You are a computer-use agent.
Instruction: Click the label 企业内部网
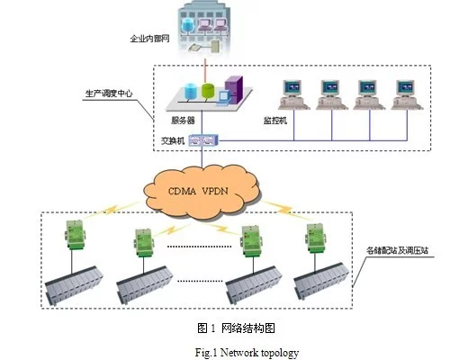click(149, 39)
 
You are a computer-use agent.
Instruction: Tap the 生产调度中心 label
click(109, 94)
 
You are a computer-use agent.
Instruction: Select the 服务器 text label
click(183, 121)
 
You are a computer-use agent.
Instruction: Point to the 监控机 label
click(275, 121)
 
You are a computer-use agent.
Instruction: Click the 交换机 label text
click(173, 140)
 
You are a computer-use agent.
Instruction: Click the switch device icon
click(203, 140)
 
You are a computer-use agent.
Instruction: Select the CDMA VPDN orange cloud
click(201, 192)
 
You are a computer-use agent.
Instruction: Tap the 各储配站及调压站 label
click(397, 250)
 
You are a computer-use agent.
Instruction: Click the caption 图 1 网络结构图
click(236, 328)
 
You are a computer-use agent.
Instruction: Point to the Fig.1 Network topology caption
click(247, 353)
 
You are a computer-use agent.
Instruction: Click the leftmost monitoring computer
click(293, 94)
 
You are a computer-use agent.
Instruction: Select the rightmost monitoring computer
click(407, 94)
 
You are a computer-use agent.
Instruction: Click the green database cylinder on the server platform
click(208, 91)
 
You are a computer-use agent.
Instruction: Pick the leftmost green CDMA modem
click(75, 234)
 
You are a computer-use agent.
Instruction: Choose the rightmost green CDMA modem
click(316, 238)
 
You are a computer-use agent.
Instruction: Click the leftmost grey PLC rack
click(74, 285)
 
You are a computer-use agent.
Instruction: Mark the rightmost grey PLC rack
click(320, 281)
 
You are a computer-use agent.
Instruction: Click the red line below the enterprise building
click(205, 71)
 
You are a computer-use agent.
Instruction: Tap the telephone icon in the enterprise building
click(194, 48)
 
